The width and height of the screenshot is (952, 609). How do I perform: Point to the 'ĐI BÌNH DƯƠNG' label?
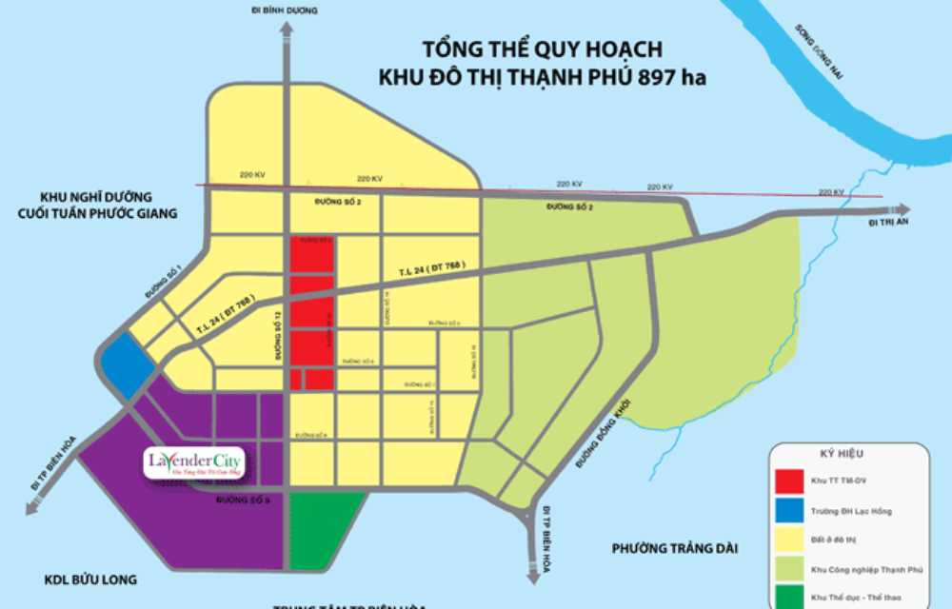tap(286, 10)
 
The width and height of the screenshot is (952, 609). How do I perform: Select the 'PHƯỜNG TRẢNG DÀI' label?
tap(675, 548)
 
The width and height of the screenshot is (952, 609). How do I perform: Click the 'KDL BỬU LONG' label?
tap(90, 580)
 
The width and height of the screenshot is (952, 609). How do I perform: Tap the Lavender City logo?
tap(195, 463)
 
